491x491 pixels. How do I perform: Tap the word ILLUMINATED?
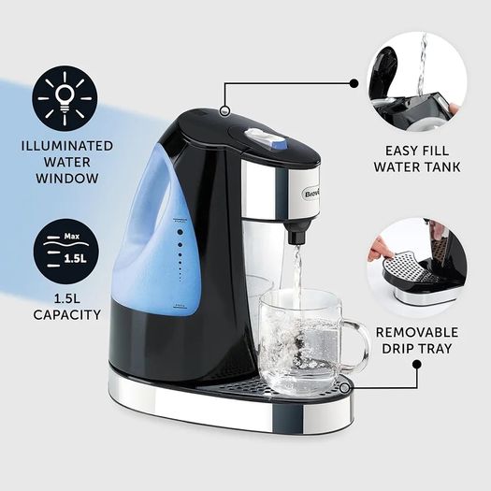(x=67, y=146)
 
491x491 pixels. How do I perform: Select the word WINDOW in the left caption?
(x=67, y=179)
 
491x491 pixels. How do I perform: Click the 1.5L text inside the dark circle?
(x=75, y=259)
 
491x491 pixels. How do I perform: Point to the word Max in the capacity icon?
(x=72, y=236)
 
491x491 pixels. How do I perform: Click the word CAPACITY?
(x=67, y=314)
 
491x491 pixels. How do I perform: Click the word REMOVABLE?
(x=417, y=332)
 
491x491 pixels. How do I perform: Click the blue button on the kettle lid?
(x=282, y=145)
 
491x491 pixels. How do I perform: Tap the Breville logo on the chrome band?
(x=311, y=195)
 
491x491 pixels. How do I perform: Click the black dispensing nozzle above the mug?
(x=297, y=232)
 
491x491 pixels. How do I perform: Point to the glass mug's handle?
(x=354, y=343)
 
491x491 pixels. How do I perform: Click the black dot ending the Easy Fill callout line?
(x=354, y=83)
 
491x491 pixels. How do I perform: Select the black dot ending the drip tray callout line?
(x=416, y=365)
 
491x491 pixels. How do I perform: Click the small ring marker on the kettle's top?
(x=224, y=110)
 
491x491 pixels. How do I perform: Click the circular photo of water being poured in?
(x=417, y=81)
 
